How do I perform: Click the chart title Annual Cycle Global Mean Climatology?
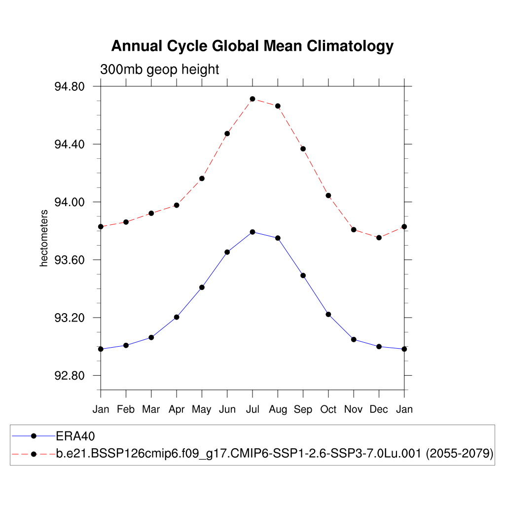(x=252, y=46)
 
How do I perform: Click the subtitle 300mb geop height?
(x=159, y=70)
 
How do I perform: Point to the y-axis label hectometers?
(x=44, y=238)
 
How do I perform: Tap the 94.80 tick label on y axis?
(x=70, y=87)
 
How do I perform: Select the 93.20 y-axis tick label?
(x=70, y=318)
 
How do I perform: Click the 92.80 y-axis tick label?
(x=70, y=376)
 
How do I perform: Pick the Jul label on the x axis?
(x=252, y=409)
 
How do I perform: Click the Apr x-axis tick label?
(x=177, y=409)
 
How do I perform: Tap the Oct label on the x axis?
(x=328, y=409)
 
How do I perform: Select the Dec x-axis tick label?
(x=379, y=409)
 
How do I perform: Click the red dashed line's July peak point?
(x=252, y=99)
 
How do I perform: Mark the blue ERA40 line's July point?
(x=252, y=232)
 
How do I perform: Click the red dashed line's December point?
(x=379, y=238)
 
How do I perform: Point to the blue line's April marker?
(x=177, y=317)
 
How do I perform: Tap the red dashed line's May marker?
(x=202, y=179)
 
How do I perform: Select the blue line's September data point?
(x=303, y=275)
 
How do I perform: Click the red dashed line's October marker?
(x=328, y=196)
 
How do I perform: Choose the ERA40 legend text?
(x=75, y=436)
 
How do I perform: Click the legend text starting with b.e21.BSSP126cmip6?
(x=275, y=453)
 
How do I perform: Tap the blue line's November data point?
(x=354, y=339)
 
